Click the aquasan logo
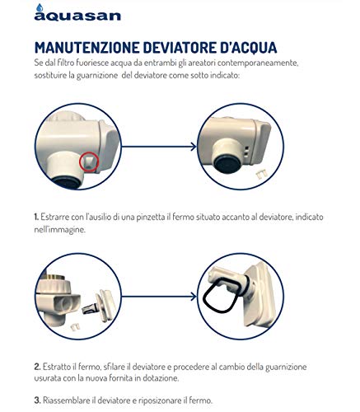tap(77, 13)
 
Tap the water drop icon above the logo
tap(40, 7)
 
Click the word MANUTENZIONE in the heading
tap(87, 48)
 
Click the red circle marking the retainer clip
tap(89, 162)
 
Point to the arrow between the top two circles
tap(159, 147)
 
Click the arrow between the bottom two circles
tap(159, 297)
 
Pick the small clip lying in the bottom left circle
tap(75, 326)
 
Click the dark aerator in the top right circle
tap(227, 163)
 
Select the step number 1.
tap(36, 218)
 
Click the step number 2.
tap(38, 367)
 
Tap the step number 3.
tap(38, 400)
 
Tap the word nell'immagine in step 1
tap(60, 230)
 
